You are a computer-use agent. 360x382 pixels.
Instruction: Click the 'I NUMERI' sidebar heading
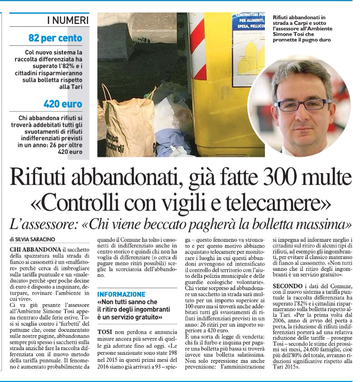click(x=67, y=20)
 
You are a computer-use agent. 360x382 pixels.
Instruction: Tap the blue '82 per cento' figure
click(x=55, y=38)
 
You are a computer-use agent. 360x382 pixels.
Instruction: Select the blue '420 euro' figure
click(x=62, y=104)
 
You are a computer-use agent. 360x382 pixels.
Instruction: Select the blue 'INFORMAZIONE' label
click(x=121, y=294)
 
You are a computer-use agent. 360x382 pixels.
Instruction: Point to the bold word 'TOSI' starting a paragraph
click(x=105, y=331)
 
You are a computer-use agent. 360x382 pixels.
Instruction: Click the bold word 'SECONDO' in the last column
click(x=288, y=285)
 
